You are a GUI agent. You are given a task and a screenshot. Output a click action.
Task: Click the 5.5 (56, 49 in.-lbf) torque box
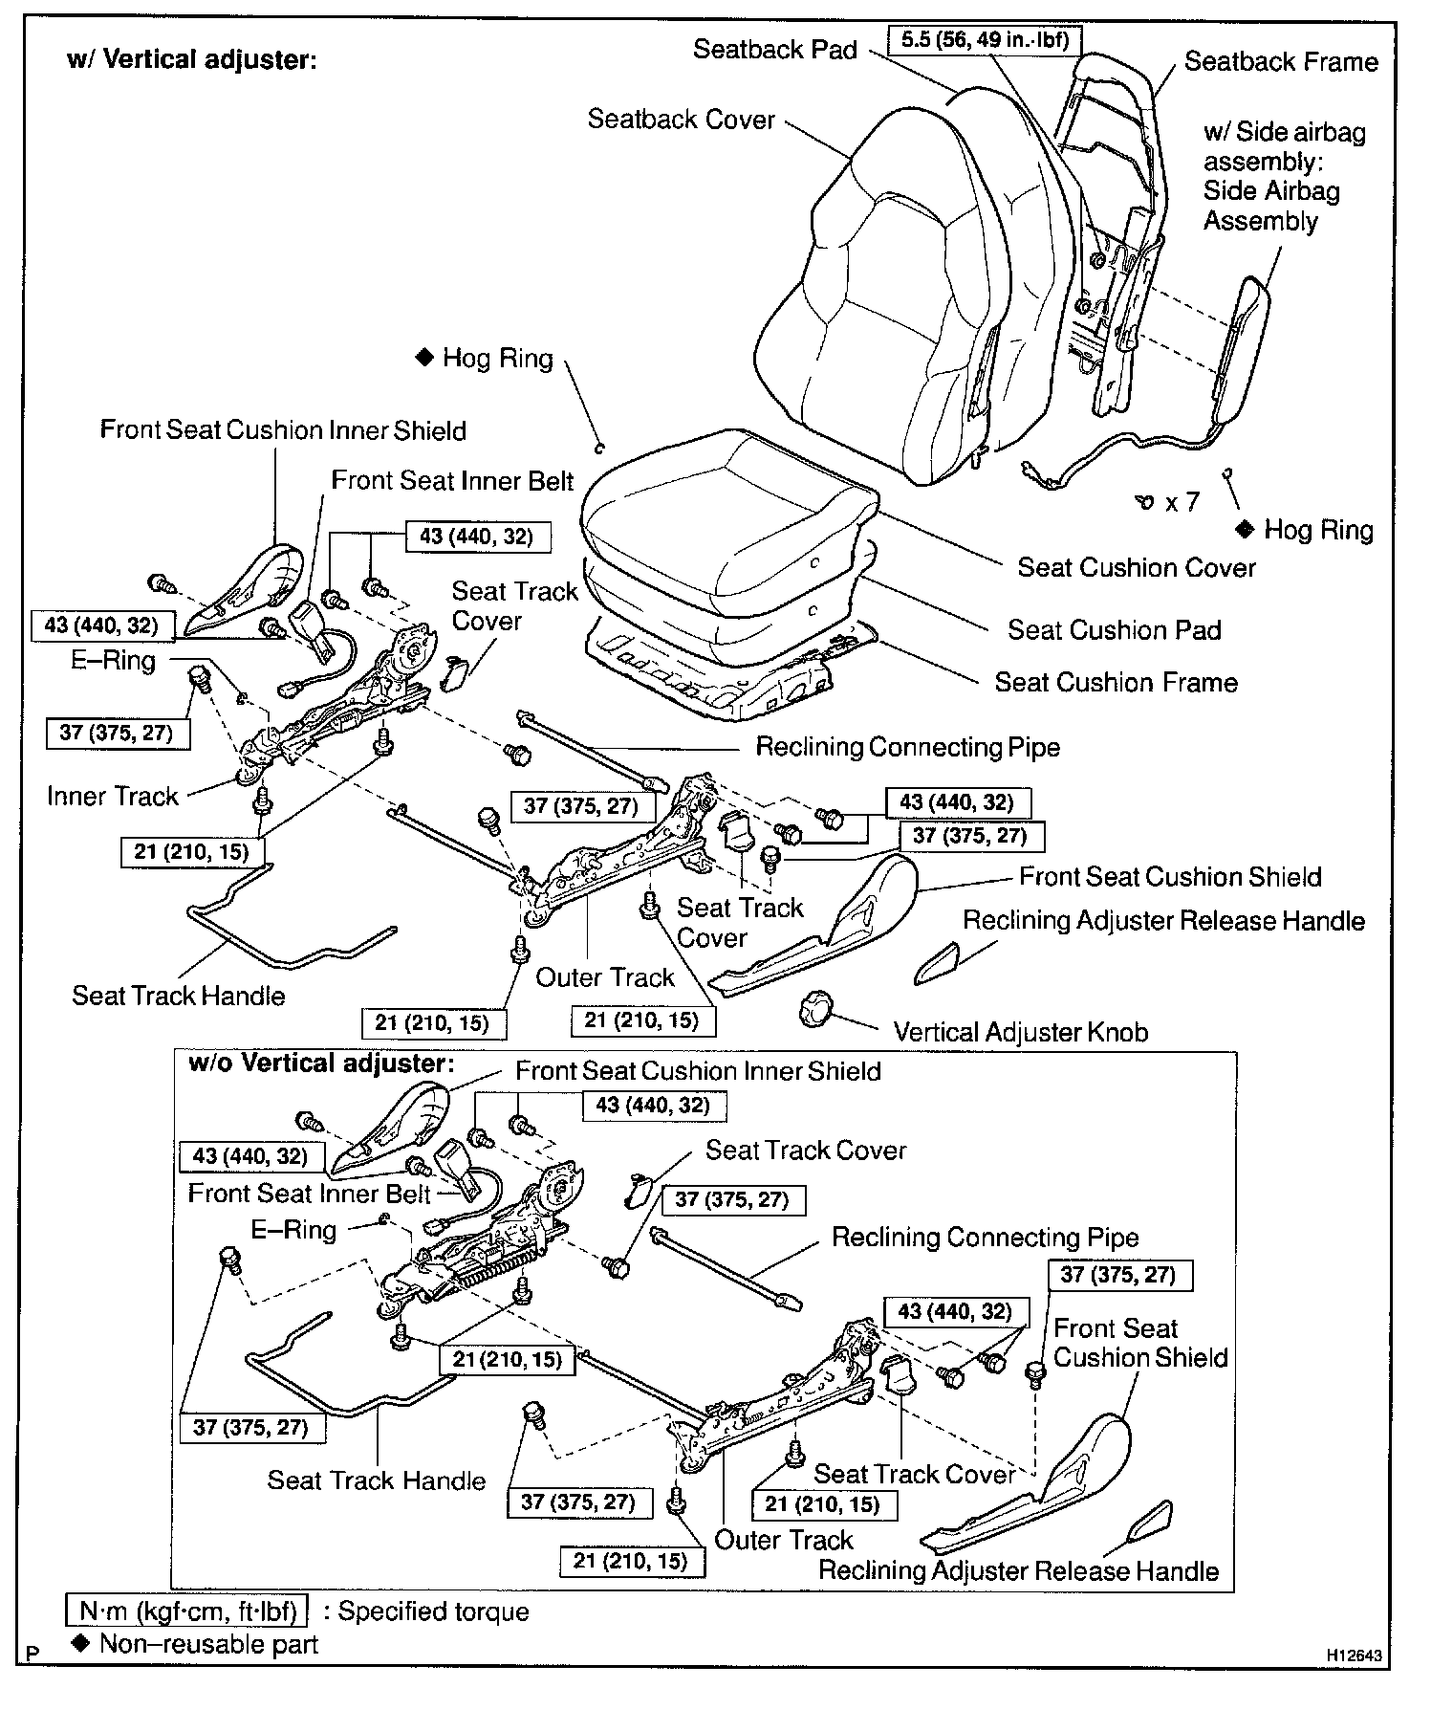[985, 40]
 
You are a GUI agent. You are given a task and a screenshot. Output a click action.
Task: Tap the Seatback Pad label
[774, 50]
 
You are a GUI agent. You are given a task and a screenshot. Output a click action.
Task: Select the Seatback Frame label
[1281, 62]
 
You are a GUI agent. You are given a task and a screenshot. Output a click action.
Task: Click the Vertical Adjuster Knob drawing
[814, 1008]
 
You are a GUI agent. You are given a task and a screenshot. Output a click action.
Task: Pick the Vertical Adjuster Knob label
[1020, 1032]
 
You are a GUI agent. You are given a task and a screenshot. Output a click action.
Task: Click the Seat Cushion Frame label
[1116, 682]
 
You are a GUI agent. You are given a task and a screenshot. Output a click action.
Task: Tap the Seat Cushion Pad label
[1114, 629]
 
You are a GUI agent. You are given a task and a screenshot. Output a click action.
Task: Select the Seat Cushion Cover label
[1136, 567]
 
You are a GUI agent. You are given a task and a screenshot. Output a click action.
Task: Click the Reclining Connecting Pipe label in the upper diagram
[907, 747]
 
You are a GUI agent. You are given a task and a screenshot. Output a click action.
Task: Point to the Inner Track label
[113, 796]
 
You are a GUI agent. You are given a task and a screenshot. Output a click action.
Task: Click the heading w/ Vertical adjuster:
[191, 60]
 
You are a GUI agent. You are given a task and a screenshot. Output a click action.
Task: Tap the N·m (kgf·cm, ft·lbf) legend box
[186, 1611]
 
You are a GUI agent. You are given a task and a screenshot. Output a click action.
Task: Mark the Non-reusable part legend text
[208, 1644]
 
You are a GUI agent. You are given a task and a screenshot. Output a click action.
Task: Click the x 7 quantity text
[1182, 502]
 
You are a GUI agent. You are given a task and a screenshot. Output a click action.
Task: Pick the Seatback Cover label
[681, 120]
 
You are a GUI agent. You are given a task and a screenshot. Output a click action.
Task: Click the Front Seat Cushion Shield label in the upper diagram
[1169, 877]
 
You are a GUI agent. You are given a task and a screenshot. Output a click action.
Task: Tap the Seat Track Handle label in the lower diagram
[376, 1480]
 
